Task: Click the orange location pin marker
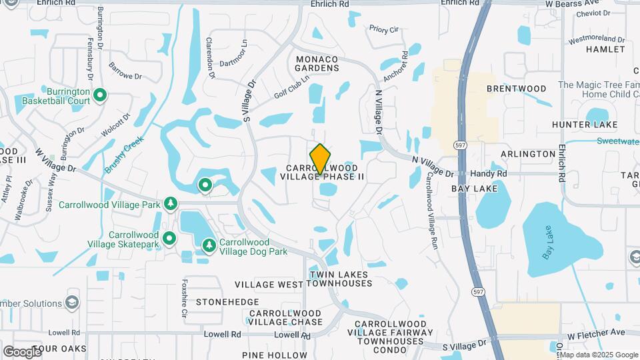point(320,159)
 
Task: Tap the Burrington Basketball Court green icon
point(100,96)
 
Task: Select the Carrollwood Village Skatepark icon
point(169,238)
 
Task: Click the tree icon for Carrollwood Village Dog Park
point(209,246)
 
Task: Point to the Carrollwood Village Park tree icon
point(171,203)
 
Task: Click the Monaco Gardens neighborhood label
point(317,63)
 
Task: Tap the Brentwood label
point(516,88)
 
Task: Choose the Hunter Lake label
point(585,125)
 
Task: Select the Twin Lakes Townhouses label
point(340,279)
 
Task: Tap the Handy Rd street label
point(488,173)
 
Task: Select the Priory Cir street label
point(383,29)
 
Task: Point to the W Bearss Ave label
point(572,3)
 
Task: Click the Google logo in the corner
point(22,351)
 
